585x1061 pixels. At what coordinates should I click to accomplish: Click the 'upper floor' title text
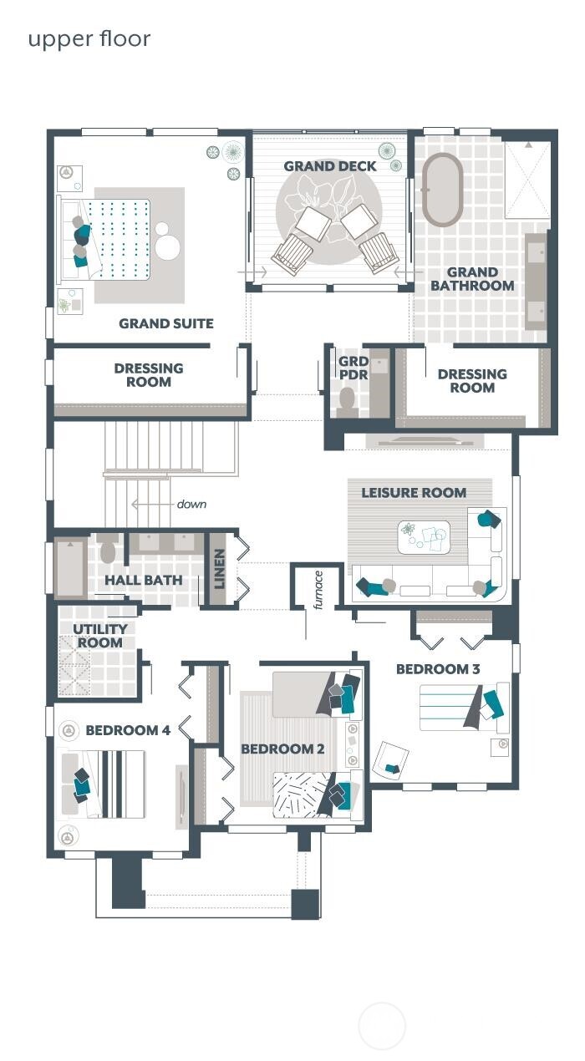pyautogui.click(x=89, y=38)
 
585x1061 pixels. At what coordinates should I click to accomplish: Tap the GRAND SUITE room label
pyautogui.click(x=165, y=323)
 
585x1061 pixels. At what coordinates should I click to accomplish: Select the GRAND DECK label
pyautogui.click(x=330, y=166)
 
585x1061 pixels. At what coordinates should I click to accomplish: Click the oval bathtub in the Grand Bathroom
pyautogui.click(x=442, y=190)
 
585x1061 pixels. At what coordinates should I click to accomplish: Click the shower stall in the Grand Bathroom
pyautogui.click(x=527, y=180)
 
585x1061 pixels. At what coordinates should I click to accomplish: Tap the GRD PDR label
pyautogui.click(x=353, y=368)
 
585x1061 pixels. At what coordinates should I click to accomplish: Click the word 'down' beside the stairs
pyautogui.click(x=191, y=505)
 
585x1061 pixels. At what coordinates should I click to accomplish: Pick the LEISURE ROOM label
pyautogui.click(x=414, y=493)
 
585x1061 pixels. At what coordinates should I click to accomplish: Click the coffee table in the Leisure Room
pyautogui.click(x=424, y=537)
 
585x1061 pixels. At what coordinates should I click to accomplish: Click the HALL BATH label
pyautogui.click(x=144, y=580)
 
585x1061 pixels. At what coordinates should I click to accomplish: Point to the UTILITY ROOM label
pyautogui.click(x=100, y=636)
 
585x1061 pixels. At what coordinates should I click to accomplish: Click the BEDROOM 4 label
pyautogui.click(x=128, y=731)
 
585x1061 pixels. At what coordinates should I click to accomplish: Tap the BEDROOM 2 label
pyautogui.click(x=282, y=749)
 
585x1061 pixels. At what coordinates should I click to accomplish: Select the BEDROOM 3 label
pyautogui.click(x=438, y=669)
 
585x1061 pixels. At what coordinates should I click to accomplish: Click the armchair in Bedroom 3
pyautogui.click(x=390, y=759)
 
